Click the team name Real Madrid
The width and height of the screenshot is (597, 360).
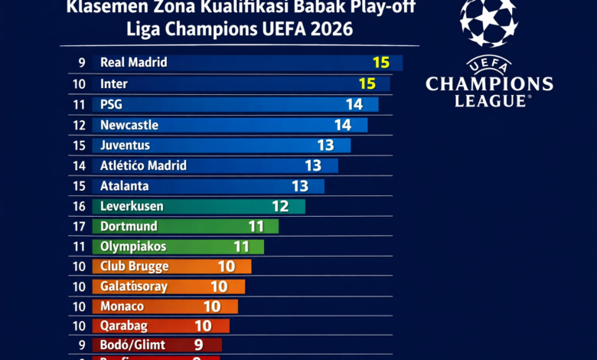(x=133, y=63)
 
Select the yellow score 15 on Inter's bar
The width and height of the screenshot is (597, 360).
(x=367, y=83)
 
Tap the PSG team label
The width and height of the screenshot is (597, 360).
(x=111, y=104)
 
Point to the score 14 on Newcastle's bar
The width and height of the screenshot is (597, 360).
(x=342, y=125)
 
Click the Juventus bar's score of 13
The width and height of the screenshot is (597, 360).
(x=325, y=145)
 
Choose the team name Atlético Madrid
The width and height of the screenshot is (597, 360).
(x=143, y=165)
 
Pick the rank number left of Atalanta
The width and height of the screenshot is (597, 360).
(x=79, y=186)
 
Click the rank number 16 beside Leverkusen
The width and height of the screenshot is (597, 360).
(x=79, y=206)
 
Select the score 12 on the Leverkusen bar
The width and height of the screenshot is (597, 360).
(x=280, y=206)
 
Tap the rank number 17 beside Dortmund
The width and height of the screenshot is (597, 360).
(x=79, y=227)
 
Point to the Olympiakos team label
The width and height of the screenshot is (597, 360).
(x=133, y=247)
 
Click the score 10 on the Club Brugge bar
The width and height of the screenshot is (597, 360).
(x=226, y=267)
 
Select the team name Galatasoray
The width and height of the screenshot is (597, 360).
(x=133, y=286)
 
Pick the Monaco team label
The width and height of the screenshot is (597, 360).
(x=122, y=306)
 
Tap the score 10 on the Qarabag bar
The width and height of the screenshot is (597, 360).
(x=203, y=326)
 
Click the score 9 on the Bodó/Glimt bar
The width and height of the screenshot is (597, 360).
(x=198, y=345)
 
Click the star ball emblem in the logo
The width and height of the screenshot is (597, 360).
(x=489, y=23)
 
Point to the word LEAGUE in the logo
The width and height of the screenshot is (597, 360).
(x=490, y=100)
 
